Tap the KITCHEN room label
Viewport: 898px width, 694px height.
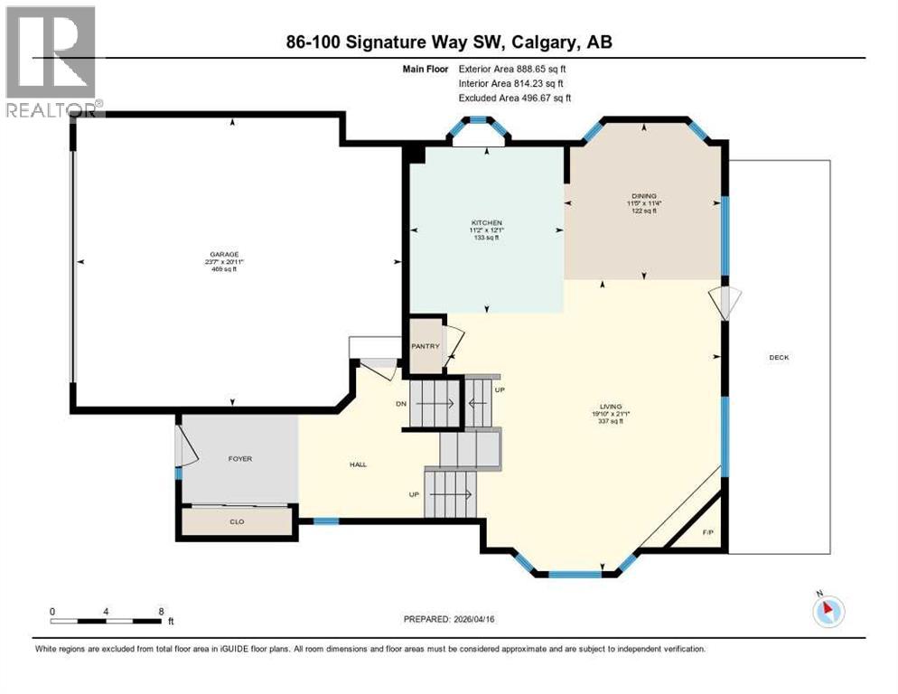point(486,222)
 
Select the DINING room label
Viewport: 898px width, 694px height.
point(643,196)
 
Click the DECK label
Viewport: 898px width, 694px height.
point(779,357)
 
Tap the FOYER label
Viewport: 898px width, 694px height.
point(239,459)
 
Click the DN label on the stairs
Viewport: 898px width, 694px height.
point(401,405)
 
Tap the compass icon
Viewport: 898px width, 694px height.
point(828,611)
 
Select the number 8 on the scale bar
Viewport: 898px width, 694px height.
point(161,611)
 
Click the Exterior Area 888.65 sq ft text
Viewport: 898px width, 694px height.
point(512,69)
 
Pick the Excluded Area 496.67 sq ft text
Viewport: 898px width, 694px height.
point(514,98)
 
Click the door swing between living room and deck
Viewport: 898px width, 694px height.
point(728,302)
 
